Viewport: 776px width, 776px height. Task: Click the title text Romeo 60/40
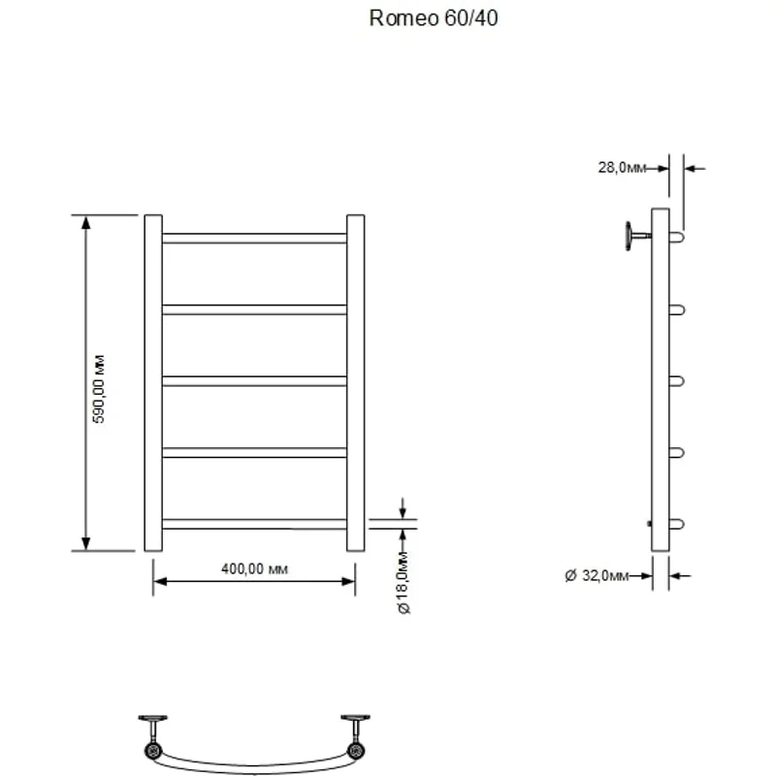coord(434,18)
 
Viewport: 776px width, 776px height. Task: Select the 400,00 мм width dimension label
coord(255,568)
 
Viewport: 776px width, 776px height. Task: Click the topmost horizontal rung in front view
coord(254,238)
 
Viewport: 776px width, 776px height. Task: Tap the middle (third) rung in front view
coord(254,381)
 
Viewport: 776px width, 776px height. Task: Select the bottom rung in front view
coord(254,524)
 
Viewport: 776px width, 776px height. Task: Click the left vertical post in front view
coord(153,382)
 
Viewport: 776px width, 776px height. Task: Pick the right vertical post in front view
coord(355,382)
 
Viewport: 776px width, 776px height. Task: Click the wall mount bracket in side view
coord(636,236)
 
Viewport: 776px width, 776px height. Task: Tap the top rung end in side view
coord(677,236)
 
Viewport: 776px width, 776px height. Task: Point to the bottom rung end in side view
coord(677,524)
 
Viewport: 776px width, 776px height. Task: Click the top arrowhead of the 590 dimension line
coord(86,222)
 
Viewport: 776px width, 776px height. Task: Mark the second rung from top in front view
coord(254,309)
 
